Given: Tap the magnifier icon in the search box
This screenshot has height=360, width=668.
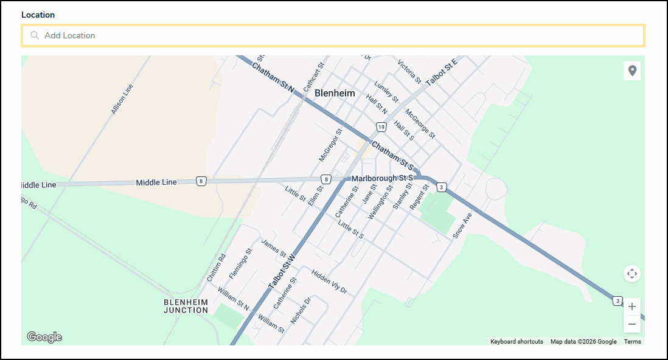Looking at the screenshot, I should pos(35,35).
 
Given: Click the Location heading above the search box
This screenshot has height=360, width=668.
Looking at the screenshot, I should pos(38,15).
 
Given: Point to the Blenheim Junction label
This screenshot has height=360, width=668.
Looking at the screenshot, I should pos(186,306).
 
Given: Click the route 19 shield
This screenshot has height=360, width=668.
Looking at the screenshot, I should pos(381,127).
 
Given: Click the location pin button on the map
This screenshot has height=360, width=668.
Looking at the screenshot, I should pos(632,71).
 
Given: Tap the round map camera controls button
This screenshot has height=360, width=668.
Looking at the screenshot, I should pos(632,274).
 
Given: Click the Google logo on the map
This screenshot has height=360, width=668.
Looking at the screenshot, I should pos(44,337).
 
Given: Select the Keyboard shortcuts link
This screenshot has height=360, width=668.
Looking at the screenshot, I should pos(517,342).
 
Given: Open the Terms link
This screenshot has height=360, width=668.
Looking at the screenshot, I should pos(632,342).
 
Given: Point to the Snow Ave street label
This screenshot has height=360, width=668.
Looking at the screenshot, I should pos(462,225).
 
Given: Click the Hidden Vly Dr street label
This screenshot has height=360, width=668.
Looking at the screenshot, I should pos(329,282).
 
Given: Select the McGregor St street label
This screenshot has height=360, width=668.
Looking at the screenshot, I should pos(331,145).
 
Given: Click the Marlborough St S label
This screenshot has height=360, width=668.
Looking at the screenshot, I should pos(382,178).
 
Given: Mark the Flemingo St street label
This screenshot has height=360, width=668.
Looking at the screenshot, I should pos(240,263).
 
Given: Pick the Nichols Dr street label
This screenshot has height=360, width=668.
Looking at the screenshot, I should pos(301,311).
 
